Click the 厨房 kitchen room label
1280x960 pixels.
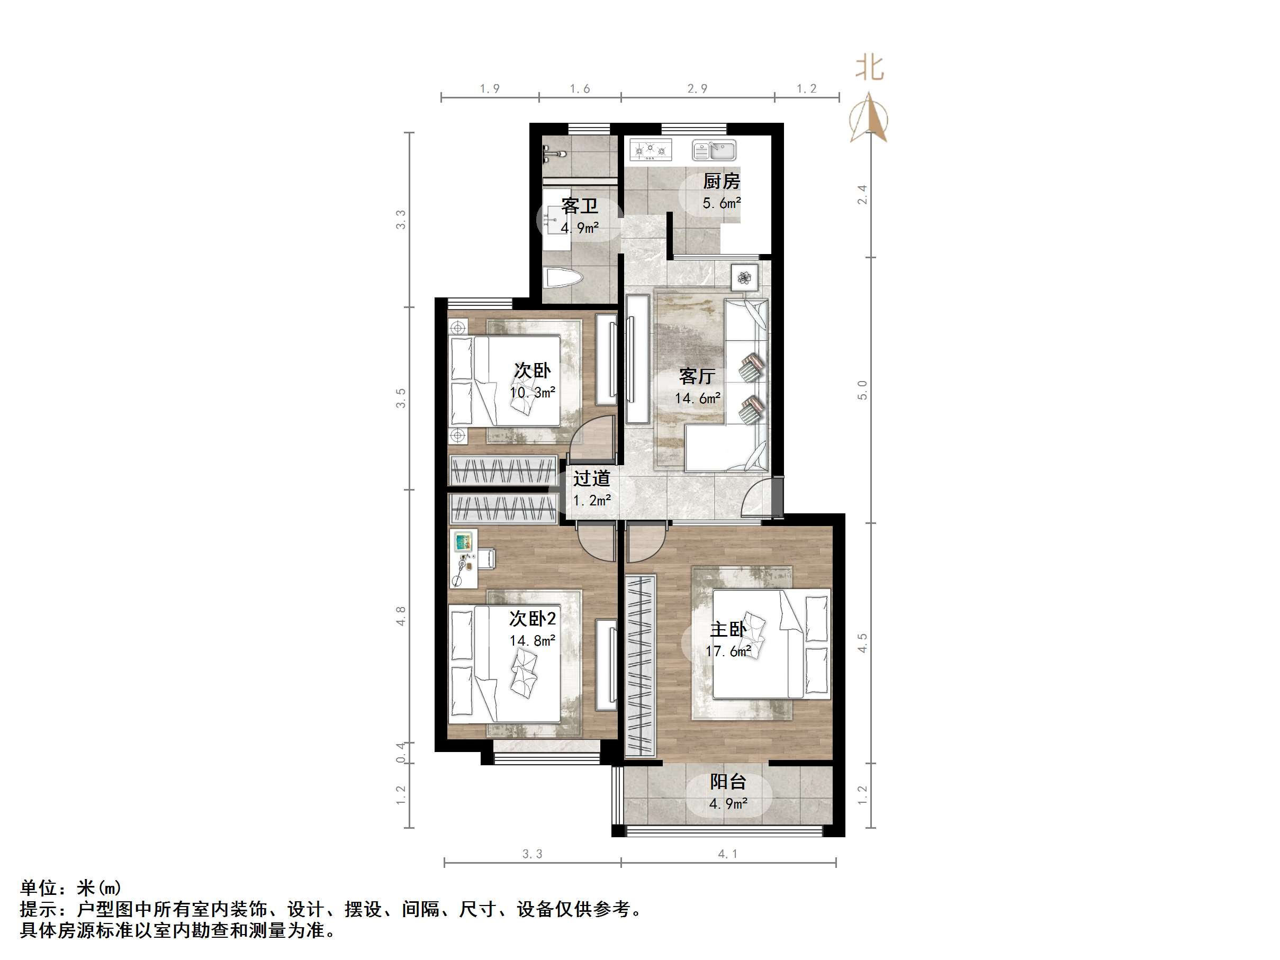(x=721, y=182)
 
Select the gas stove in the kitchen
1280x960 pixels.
(x=651, y=150)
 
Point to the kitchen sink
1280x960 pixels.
(x=714, y=150)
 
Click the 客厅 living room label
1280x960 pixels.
(x=697, y=377)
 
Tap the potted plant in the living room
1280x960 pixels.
(x=744, y=278)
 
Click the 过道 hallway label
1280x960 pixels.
(x=591, y=478)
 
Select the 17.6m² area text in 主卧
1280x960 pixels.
(x=728, y=651)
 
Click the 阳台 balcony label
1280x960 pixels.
(x=728, y=782)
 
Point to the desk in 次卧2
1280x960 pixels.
(x=464, y=558)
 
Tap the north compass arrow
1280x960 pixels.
(x=869, y=119)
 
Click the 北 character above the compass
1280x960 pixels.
(x=869, y=68)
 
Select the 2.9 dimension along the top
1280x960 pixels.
(x=697, y=88)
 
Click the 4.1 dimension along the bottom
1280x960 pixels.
(x=727, y=854)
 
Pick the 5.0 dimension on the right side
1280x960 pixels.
(x=862, y=390)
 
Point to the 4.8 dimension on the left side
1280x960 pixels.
(x=400, y=615)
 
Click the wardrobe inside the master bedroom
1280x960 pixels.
(x=640, y=665)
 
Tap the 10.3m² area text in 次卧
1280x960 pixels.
(x=533, y=392)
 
